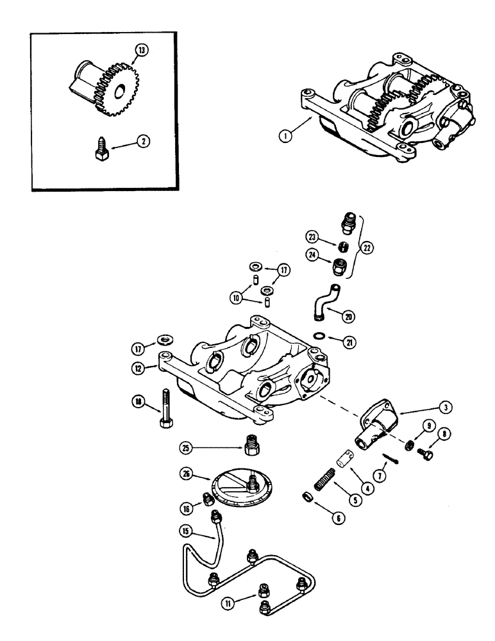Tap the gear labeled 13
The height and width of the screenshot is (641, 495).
(x=110, y=90)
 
